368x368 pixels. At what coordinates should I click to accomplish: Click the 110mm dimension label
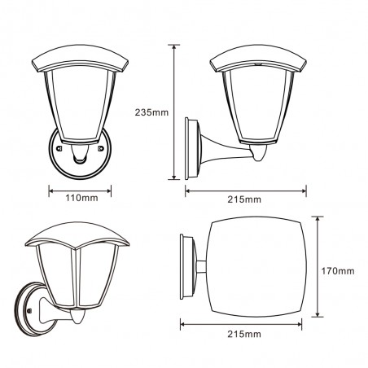81,198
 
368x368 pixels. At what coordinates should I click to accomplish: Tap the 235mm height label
151,112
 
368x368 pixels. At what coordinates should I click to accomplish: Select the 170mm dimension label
338,271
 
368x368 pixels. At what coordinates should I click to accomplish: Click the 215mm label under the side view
244,199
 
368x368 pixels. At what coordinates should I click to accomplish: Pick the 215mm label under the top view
244,334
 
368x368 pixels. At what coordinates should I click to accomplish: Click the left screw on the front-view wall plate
59,148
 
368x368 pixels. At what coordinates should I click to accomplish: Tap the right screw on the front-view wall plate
101,148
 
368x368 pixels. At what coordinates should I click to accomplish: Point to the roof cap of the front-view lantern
80,58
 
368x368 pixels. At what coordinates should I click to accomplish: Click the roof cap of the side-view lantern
258,58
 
